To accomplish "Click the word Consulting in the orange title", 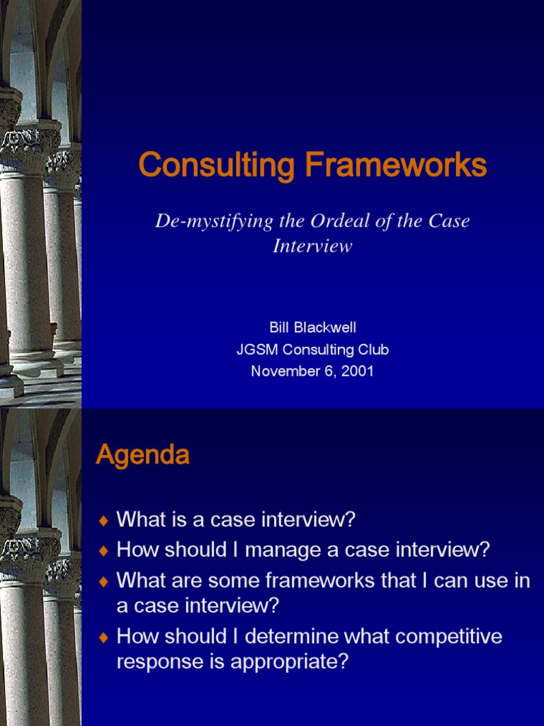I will coord(217,165).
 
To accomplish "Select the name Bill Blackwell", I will coord(312,328).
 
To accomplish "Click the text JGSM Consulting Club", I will coord(312,350).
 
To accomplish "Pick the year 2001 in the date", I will coord(358,371).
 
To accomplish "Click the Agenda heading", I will coord(142,455).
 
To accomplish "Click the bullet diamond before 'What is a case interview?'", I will coord(104,521).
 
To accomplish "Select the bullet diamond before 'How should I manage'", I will coord(104,550).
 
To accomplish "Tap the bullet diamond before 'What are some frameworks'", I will coord(104,581).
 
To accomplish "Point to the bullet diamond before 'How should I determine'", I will coord(104,637).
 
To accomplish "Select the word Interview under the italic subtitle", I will coord(312,247).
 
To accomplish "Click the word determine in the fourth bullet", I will coord(300,636).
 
